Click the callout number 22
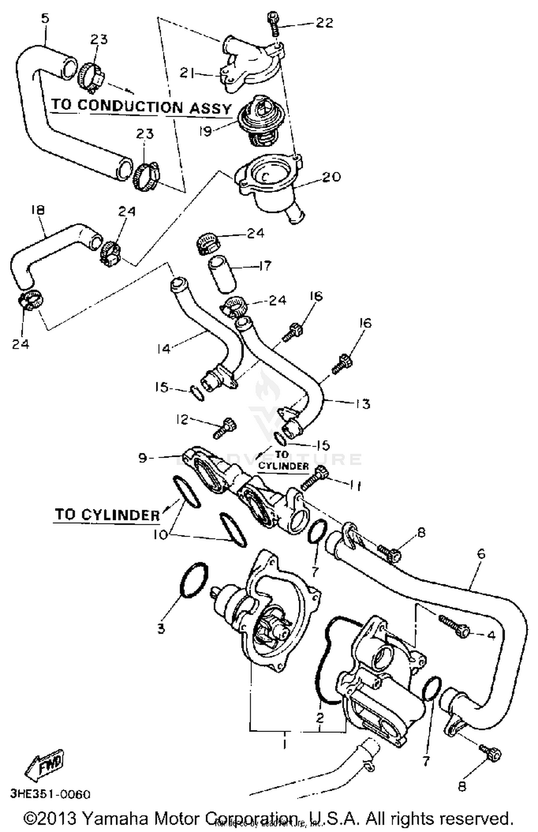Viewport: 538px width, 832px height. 324,23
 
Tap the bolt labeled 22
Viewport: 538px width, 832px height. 274,24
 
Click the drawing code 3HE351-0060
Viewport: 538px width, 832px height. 50,794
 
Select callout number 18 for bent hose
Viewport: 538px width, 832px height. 38,209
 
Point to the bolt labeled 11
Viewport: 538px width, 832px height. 314,479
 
